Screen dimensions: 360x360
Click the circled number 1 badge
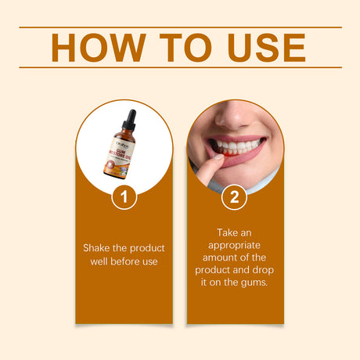pos(124,196)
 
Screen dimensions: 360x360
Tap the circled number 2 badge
pos(234,196)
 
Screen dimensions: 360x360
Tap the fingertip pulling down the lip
pos(216,161)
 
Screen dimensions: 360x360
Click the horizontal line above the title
pos(180,27)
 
